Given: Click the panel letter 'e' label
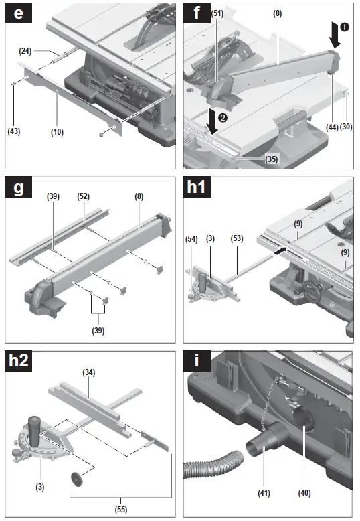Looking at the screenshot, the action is tap(18, 13).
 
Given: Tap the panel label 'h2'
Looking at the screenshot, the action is tap(19, 361).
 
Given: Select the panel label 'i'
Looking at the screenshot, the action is tap(197, 361).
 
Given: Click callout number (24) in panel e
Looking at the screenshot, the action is tap(25, 51).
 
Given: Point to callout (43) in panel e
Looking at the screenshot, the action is tap(13, 131).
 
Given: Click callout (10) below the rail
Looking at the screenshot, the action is tap(57, 132).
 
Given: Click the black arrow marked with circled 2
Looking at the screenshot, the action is tap(211, 121).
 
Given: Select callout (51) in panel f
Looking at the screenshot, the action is tap(217, 13).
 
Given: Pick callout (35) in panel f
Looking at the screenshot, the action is tap(271, 159).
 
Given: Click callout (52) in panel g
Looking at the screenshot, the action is tap(84, 196).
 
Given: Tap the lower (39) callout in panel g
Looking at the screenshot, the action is tap(98, 331).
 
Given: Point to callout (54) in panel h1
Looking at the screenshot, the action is tap(191, 239).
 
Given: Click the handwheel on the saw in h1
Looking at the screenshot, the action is tap(310, 292).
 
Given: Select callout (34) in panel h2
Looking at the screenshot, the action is tap(89, 372).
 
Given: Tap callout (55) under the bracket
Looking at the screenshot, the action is tap(121, 510).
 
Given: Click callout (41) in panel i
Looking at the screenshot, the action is tap(264, 493).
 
